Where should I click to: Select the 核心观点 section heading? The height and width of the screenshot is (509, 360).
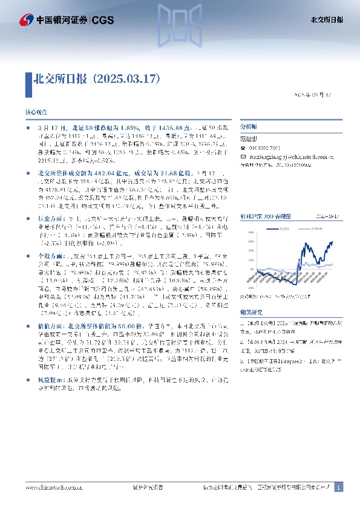pos(34,112)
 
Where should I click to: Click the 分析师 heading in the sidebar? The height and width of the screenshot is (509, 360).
pos(249,128)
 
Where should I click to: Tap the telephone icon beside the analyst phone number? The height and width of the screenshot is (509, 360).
pos(243,148)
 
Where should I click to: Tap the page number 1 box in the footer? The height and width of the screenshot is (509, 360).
pos(339,487)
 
